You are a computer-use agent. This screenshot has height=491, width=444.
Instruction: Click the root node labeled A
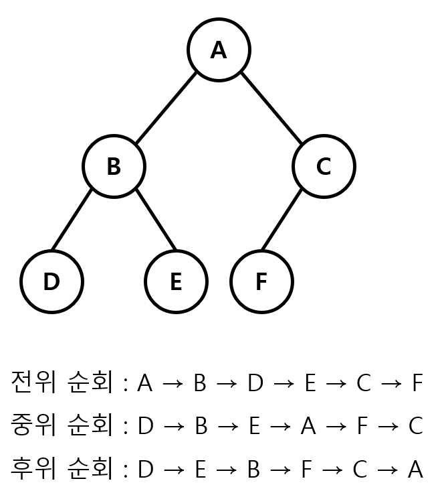tap(219, 50)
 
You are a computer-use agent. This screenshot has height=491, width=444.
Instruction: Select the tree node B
tap(114, 166)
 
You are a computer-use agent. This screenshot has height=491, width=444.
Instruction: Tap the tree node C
tap(324, 166)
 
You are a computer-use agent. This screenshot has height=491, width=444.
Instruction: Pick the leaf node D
tap(51, 282)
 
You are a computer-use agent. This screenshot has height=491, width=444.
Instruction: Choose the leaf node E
tap(176, 282)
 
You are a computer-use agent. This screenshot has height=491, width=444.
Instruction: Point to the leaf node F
tap(261, 282)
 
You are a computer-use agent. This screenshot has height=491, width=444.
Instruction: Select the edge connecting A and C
tap(271, 108)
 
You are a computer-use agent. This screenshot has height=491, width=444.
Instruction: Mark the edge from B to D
tap(72, 220)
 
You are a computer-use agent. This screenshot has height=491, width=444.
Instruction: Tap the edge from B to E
tap(156, 220)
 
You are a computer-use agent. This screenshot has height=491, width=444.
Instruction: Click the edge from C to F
tap(282, 220)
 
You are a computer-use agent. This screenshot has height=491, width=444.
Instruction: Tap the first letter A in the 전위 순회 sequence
tap(145, 384)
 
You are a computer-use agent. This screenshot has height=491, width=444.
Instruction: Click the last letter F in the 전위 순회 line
tap(417, 384)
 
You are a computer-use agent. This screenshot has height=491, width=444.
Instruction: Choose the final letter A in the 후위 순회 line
tap(415, 470)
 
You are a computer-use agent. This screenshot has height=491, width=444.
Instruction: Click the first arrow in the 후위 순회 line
tap(173, 470)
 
